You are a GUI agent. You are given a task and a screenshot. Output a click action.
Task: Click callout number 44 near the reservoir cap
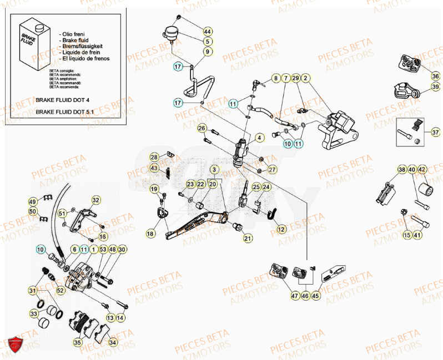pyautogui.click(x=207, y=31)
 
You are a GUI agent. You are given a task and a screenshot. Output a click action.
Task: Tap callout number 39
pyautogui.click(x=435, y=87)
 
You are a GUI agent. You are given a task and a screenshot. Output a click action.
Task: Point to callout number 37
pyautogui.click(x=435, y=133)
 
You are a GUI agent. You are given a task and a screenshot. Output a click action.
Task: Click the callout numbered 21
pyautogui.click(x=247, y=239)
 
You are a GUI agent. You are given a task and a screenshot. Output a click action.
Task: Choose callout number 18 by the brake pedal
pyautogui.click(x=150, y=235)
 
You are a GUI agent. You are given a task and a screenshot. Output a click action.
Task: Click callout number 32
pyautogui.click(x=95, y=200)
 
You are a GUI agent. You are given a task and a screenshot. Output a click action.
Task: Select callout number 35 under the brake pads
pyautogui.click(x=78, y=343)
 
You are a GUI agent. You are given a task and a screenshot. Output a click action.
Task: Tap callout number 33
pyautogui.click(x=34, y=313)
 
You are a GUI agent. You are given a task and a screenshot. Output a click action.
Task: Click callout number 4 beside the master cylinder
pyautogui.click(x=259, y=137)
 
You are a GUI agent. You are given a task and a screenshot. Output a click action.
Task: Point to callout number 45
pyautogui.click(x=316, y=296)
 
